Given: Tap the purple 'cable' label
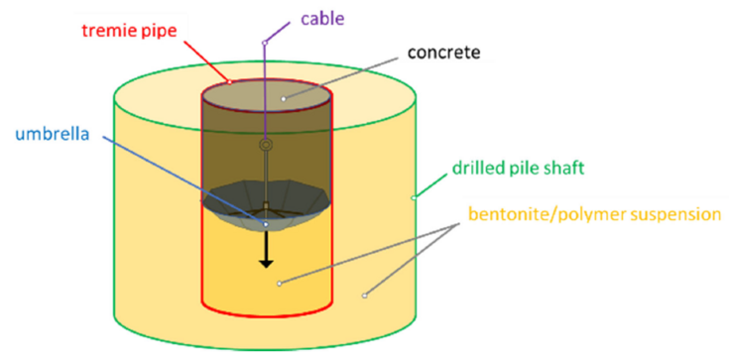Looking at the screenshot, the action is pos(321,18).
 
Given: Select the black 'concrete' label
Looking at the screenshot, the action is pos(443,53).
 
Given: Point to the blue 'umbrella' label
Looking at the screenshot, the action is pos(52,135).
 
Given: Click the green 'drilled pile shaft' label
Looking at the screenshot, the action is pos(518,168).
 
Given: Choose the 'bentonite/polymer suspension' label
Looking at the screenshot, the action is pos(595,214).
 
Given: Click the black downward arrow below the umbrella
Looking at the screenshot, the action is pos(266,249).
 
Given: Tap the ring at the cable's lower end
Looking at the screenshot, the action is pos(266,145).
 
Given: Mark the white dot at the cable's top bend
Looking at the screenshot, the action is pos(264,43).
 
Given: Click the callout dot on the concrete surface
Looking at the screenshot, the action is pos(283,98).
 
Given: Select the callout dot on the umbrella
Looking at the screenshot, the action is pos(266,224).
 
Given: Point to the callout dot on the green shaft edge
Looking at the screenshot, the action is pos(414,198).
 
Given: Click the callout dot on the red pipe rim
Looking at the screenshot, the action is pos(230,82).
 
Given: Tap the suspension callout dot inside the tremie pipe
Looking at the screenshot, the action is pos(279,284).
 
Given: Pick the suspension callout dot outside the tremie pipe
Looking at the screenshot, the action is pos(365,296).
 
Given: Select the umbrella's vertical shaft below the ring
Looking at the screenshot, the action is pos(266,177).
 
